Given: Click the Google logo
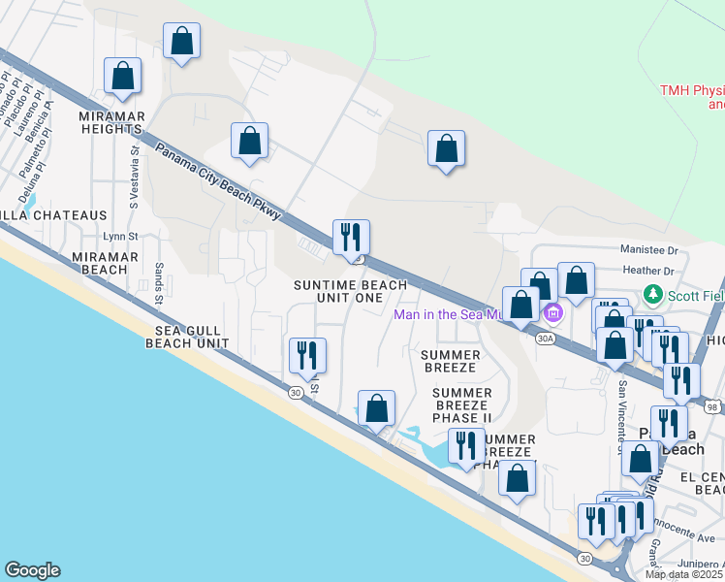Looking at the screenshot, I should (32, 570).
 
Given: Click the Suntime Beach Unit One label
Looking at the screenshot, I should (339, 291).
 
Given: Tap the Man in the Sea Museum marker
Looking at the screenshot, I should (553, 312).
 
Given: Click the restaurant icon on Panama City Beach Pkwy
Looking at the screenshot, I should (351, 237).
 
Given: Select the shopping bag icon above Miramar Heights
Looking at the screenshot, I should (123, 75).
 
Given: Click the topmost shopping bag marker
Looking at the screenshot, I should (181, 41).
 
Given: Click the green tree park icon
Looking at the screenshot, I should (654, 294).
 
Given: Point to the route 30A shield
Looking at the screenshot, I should (545, 338).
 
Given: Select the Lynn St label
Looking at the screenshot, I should (122, 236).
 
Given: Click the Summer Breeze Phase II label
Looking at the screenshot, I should (461, 404).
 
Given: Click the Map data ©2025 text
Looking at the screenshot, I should (684, 574).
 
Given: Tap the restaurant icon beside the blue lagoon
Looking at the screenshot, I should (466, 445).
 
